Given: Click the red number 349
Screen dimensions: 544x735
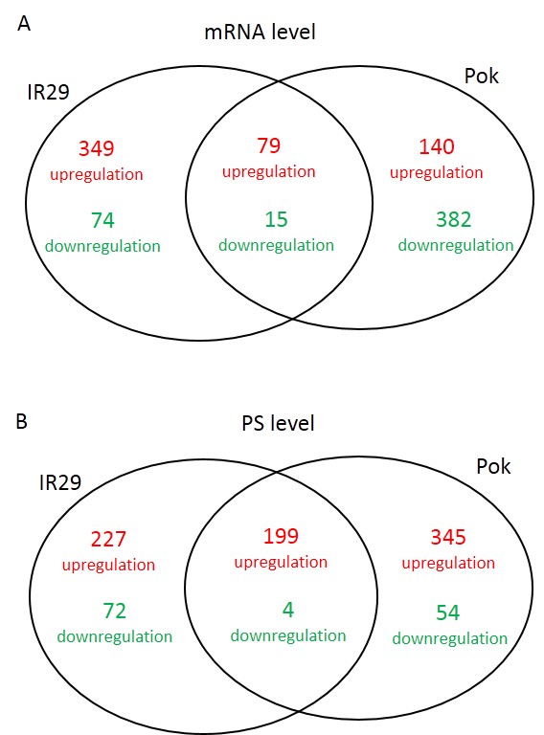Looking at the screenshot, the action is [96, 148].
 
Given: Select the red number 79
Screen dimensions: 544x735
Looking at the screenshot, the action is [269, 145].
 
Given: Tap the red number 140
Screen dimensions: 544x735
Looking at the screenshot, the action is [436, 146].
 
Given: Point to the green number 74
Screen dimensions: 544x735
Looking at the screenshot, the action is [102, 220].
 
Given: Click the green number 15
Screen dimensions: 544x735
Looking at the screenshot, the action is [276, 219].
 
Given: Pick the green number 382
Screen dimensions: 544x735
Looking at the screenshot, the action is [453, 219].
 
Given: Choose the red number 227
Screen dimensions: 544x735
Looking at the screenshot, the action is [108, 539].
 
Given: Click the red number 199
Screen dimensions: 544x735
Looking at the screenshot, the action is [281, 536].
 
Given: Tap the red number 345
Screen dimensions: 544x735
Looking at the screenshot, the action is [448, 537].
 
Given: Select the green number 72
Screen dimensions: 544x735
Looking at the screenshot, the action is [114, 612].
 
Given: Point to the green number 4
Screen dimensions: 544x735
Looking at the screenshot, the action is [288, 610].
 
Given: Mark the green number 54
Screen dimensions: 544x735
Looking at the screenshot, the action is [448, 612].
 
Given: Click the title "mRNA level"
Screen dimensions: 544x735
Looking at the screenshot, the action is [260, 32].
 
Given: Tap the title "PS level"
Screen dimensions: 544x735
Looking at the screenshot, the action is [278, 423].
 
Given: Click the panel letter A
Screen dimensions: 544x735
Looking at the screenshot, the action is [24, 23].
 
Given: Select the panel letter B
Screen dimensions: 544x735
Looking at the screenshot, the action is [22, 421].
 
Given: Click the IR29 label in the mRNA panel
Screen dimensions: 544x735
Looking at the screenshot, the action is [48, 92].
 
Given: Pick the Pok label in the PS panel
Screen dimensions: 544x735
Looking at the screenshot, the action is [493, 466].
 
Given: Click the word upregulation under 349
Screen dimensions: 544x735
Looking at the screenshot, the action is [96, 174].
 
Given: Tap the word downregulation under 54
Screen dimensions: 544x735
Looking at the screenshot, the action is [450, 638].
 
